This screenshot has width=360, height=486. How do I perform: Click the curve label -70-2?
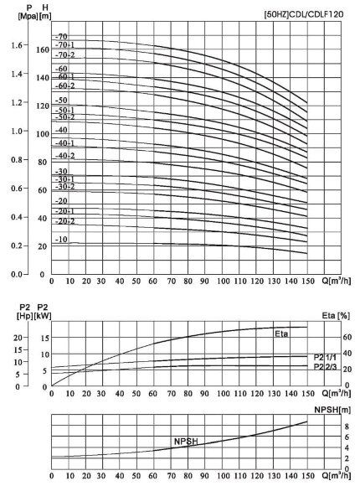64,54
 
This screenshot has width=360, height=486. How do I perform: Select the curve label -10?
61,240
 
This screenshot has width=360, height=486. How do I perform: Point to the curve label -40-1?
64,142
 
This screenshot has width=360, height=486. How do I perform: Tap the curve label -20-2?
64,221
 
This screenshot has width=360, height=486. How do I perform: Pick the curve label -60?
61,68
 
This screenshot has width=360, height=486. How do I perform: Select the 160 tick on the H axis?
42,50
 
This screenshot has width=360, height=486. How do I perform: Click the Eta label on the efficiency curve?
283,333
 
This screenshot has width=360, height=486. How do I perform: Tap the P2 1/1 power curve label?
326,357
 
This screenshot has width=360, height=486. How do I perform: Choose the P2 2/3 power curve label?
326,367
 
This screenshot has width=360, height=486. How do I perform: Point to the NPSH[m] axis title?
328,409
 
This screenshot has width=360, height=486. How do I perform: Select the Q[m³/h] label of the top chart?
333,282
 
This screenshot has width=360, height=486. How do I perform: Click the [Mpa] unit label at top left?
15,15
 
